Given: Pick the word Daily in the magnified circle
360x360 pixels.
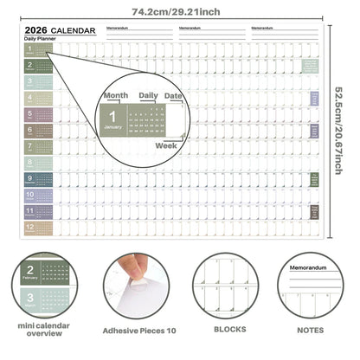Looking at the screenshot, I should [149, 95].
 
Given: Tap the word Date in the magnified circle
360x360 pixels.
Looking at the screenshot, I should [174, 95].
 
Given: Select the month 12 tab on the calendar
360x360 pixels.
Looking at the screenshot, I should [38, 228].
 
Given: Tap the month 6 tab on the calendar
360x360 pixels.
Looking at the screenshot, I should [38, 131].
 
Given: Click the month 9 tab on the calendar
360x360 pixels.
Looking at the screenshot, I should [38, 179].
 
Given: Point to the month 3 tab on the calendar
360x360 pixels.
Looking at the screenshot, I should [38, 82].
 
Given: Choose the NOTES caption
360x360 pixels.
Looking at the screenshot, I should [311, 330].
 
